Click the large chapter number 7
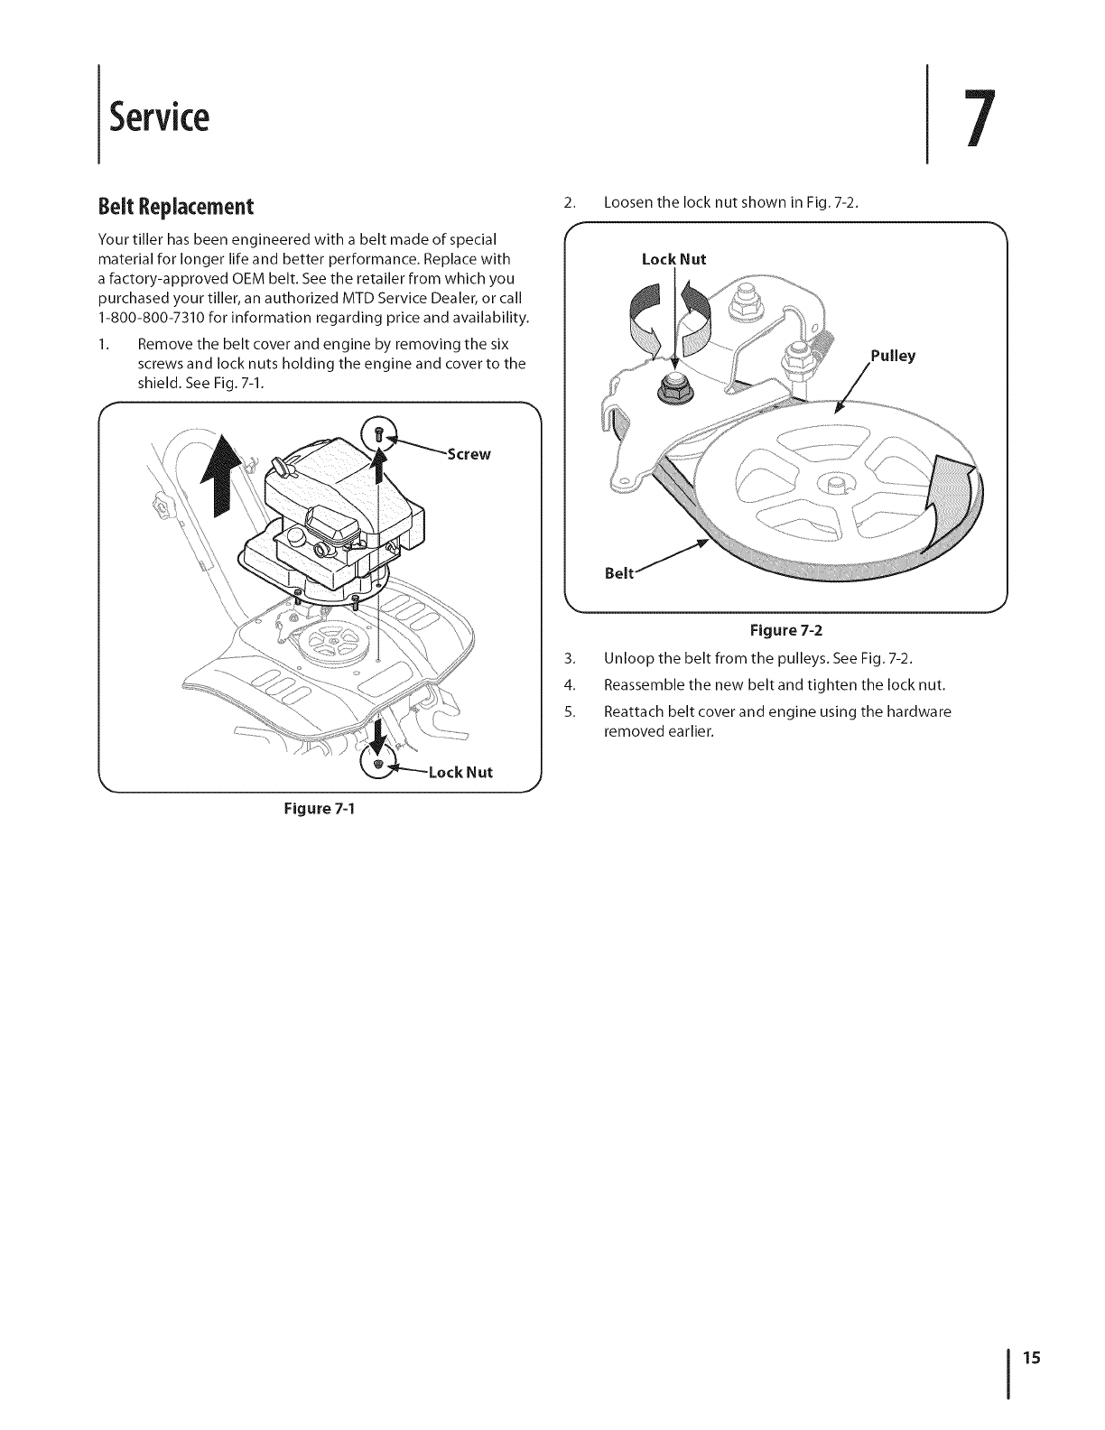coord(980,117)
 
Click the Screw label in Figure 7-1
coord(469,454)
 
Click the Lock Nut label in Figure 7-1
coord(460,772)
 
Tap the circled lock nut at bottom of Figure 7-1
coord(379,764)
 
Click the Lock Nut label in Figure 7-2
coord(673,260)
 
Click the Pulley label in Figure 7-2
coord(893,356)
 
